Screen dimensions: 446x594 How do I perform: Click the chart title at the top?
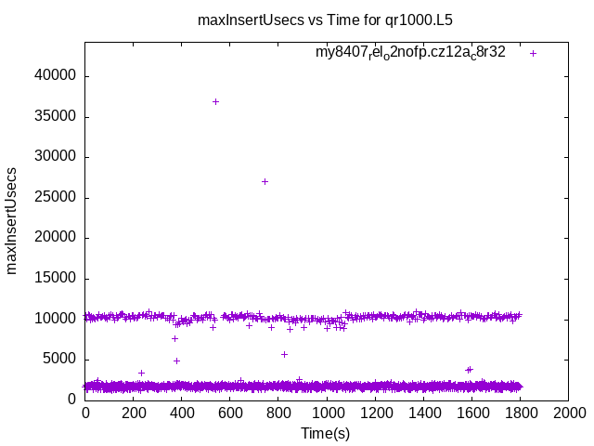325,19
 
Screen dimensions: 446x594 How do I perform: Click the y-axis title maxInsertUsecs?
12,220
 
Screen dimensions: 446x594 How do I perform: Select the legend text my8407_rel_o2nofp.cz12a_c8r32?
410,53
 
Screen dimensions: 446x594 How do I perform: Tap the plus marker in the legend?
534,53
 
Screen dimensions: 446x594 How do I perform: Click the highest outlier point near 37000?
215,101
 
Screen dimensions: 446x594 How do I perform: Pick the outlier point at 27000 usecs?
265,181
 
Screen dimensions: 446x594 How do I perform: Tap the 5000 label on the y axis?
61,359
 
